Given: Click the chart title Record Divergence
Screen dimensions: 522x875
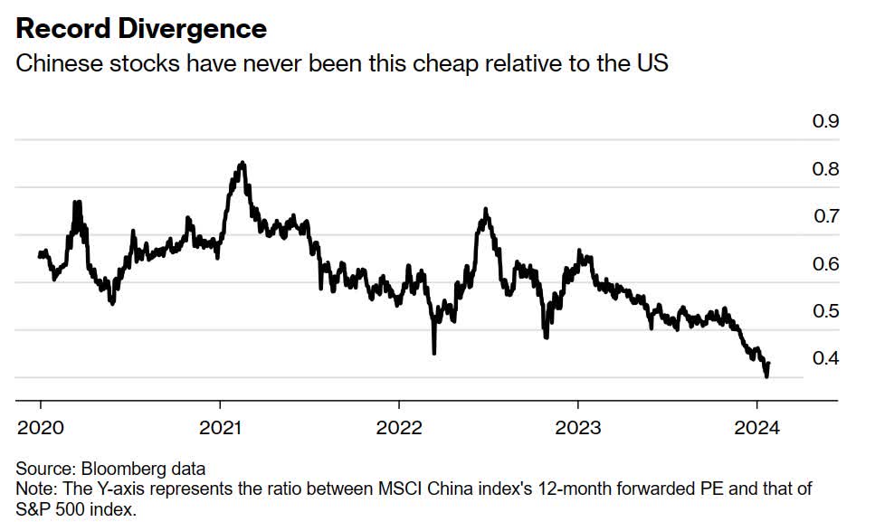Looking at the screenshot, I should coord(141,29).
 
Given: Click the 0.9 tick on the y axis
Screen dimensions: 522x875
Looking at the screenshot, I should coord(824,122).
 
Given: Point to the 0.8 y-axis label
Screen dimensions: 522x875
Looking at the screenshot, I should coord(824,169).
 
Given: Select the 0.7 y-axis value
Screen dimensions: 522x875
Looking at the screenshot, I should coord(824,217).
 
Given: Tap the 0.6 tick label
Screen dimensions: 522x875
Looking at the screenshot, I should coord(824,264).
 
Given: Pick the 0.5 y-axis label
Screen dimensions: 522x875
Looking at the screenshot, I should coord(824,311).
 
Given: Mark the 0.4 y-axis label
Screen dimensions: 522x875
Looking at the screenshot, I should coord(824,359).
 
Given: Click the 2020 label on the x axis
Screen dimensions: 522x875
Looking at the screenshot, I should coord(41,427).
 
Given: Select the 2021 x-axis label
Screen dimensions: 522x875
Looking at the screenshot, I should coord(220,427).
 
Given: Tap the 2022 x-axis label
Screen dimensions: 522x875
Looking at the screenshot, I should coord(399,427).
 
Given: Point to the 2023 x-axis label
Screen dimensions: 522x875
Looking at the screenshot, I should coord(578,427).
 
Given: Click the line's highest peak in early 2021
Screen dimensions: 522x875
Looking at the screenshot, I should coord(242,163).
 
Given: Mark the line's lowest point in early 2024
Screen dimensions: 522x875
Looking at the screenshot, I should coord(766,375).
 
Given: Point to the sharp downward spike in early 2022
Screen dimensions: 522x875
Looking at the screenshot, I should coord(434,352).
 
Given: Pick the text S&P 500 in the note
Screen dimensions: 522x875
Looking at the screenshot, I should coord(48,508).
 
